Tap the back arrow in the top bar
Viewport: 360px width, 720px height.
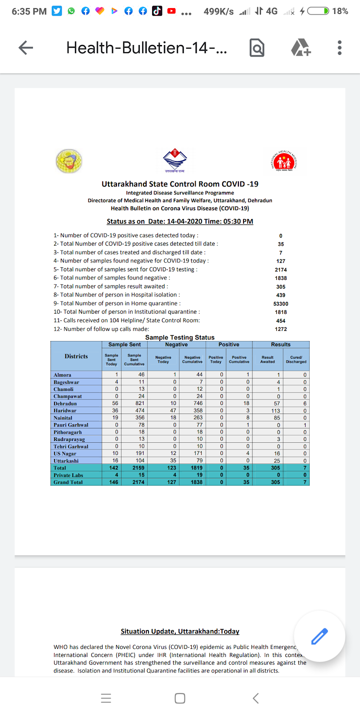click(x=26, y=48)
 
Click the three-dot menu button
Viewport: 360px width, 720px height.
click(x=339, y=48)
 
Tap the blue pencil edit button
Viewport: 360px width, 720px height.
click(x=319, y=636)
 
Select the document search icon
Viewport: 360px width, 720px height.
click(x=257, y=48)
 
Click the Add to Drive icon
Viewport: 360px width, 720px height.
click(x=301, y=48)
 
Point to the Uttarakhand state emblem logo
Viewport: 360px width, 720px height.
click(x=175, y=160)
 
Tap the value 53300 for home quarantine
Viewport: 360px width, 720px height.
click(x=281, y=304)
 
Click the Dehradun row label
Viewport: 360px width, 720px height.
click(x=65, y=404)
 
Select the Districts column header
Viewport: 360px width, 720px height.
click(x=76, y=356)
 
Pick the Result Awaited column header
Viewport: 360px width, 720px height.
click(x=267, y=360)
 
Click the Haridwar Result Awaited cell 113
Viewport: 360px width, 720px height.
click(x=275, y=411)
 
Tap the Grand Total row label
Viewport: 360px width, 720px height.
click(x=68, y=482)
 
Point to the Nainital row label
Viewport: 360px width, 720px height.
click(x=63, y=418)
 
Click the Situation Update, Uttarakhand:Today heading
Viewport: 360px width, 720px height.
click(x=180, y=631)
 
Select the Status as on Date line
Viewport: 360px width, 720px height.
click(x=180, y=221)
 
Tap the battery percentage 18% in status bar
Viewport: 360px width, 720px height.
click(x=340, y=11)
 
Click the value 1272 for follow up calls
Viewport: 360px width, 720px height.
click(x=281, y=329)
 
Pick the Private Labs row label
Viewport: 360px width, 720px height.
click(x=68, y=475)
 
